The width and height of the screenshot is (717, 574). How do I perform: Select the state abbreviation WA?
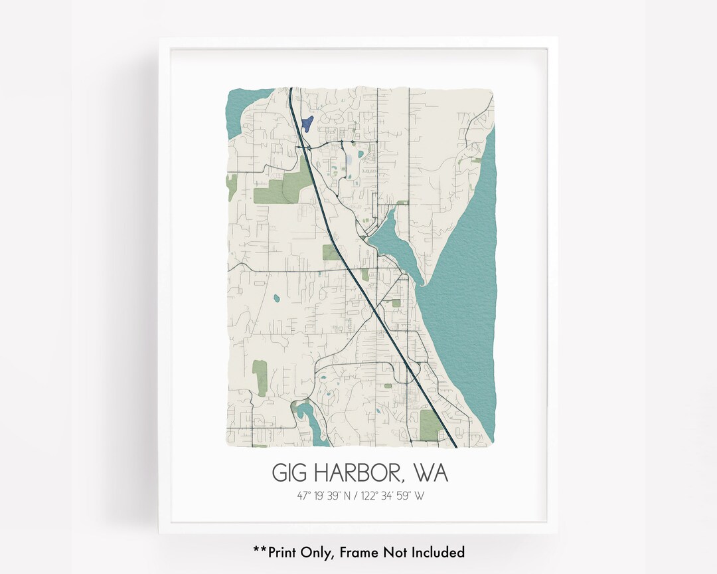click(430, 473)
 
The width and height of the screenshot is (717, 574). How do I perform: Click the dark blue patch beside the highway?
click(307, 124)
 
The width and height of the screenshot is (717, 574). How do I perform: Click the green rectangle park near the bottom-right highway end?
click(430, 425)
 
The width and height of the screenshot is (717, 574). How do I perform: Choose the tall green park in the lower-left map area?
click(260, 377)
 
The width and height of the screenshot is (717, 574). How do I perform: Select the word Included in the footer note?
click(436, 552)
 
